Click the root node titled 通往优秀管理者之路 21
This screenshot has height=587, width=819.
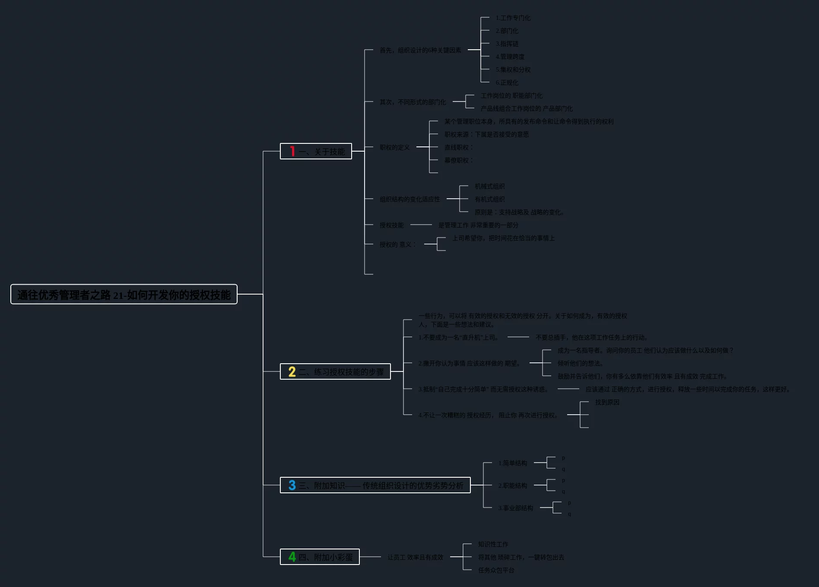pyautogui.click(x=124, y=295)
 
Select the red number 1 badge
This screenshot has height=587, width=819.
pyautogui.click(x=292, y=152)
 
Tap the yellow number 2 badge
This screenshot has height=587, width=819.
pyautogui.click(x=292, y=372)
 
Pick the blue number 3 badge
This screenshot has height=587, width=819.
pyautogui.click(x=292, y=485)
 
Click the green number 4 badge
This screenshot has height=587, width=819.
pyautogui.click(x=292, y=557)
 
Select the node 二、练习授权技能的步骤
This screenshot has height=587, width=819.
pyautogui.click(x=341, y=372)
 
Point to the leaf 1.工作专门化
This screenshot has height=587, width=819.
pyautogui.click(x=513, y=18)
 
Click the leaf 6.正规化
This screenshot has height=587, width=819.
pyautogui.click(x=507, y=82)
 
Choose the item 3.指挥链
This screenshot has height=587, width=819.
pyautogui.click(x=507, y=44)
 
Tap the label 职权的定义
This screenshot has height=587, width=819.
pyautogui.click(x=394, y=147)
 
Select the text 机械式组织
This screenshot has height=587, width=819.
pyautogui.click(x=489, y=186)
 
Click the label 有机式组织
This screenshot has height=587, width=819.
pyautogui.click(x=489, y=199)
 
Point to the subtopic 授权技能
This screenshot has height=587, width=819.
pyautogui.click(x=391, y=225)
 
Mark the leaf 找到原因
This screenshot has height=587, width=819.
pyautogui.click(x=607, y=402)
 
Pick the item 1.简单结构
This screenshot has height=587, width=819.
pyautogui.click(x=512, y=463)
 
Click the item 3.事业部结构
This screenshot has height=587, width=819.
pyautogui.click(x=515, y=508)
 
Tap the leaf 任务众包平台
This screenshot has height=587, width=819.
pyautogui.click(x=496, y=570)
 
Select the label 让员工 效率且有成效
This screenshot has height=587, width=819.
pyautogui.click(x=415, y=557)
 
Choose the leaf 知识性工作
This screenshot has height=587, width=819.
pyautogui.click(x=493, y=544)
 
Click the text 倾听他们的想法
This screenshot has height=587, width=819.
pyautogui.click(x=580, y=363)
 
